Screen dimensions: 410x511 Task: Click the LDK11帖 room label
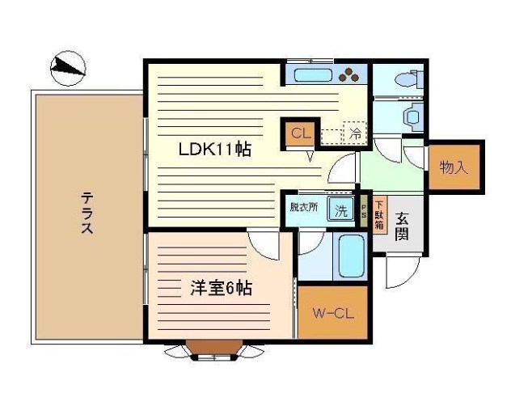(x=213, y=150)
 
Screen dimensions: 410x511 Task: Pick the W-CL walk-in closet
(x=333, y=312)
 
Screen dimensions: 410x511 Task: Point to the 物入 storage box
(x=454, y=167)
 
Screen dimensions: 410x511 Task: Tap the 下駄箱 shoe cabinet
(x=379, y=213)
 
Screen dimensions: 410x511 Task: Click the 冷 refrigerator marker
(x=354, y=133)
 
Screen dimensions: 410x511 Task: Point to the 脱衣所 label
(x=304, y=207)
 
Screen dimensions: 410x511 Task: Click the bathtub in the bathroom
(x=352, y=257)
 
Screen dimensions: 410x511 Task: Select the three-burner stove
(x=350, y=75)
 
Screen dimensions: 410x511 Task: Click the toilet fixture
(x=408, y=79)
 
